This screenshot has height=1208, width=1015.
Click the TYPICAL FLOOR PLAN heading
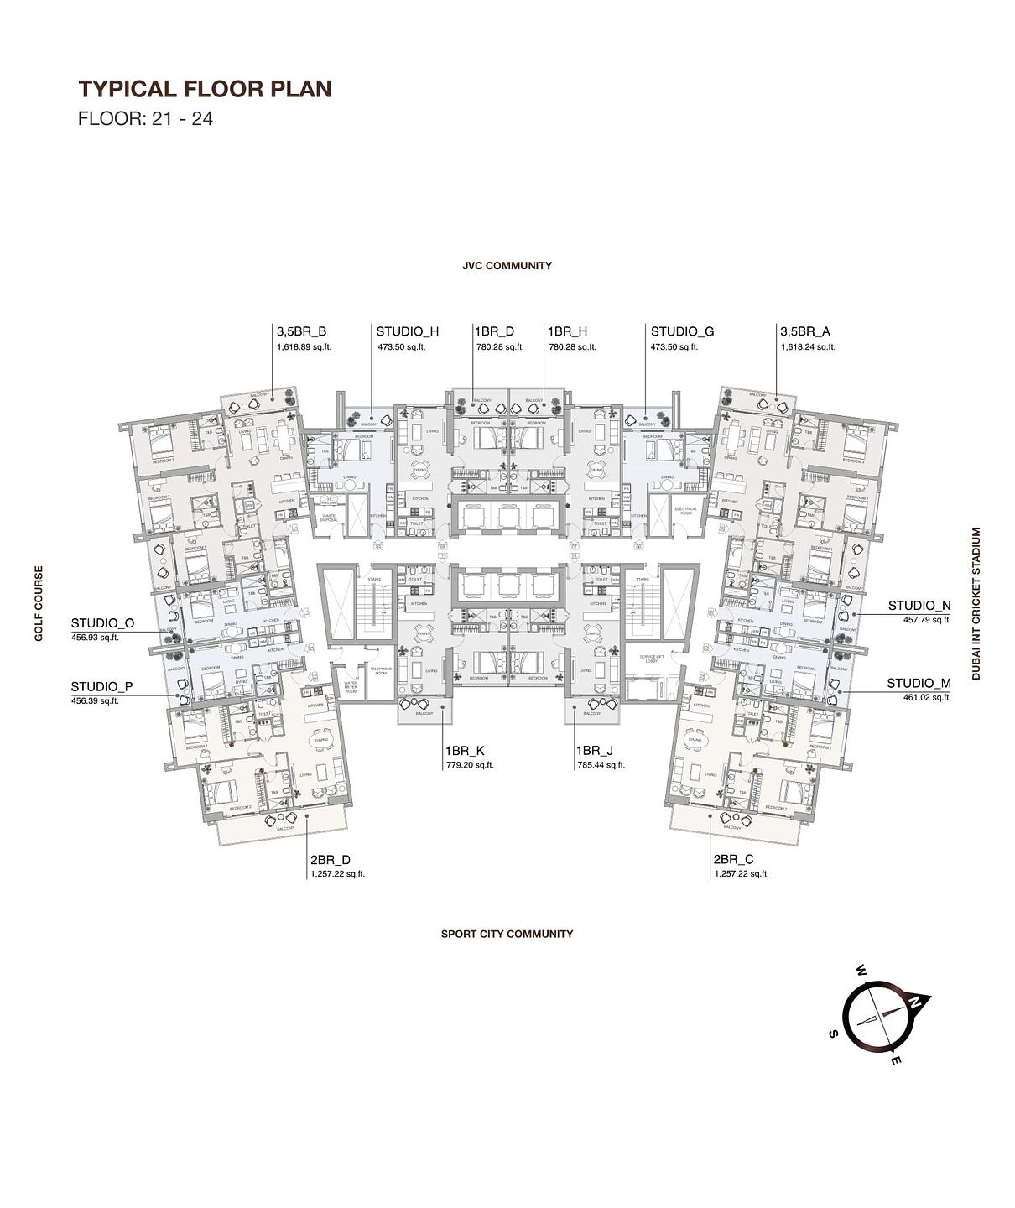tap(205, 89)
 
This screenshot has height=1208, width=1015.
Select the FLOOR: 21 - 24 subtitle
tap(145, 118)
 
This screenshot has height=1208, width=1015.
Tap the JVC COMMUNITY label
tap(507, 266)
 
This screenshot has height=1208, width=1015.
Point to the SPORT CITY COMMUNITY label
tap(507, 934)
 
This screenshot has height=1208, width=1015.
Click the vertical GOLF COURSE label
tap(39, 604)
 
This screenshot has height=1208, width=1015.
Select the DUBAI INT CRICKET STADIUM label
tap(976, 603)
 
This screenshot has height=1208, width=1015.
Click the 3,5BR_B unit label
tap(301, 331)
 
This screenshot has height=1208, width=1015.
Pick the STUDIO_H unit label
tap(407, 331)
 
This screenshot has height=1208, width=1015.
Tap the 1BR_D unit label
tap(494, 331)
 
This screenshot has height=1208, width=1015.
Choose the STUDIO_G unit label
tap(682, 331)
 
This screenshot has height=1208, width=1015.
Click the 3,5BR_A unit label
tap(804, 331)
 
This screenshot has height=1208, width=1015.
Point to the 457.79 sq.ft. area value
tap(926, 620)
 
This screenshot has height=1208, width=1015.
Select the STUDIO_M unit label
tap(919, 683)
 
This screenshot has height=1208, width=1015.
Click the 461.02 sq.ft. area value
tap(926, 697)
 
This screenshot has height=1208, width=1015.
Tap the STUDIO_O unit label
tap(102, 623)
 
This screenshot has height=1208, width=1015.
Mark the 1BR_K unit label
tap(465, 751)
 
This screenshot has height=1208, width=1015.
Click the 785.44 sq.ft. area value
tap(600, 765)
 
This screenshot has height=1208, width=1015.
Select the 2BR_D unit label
tap(331, 860)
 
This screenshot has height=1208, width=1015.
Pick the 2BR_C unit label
tap(733, 860)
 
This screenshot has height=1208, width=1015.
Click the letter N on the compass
tap(917, 1001)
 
